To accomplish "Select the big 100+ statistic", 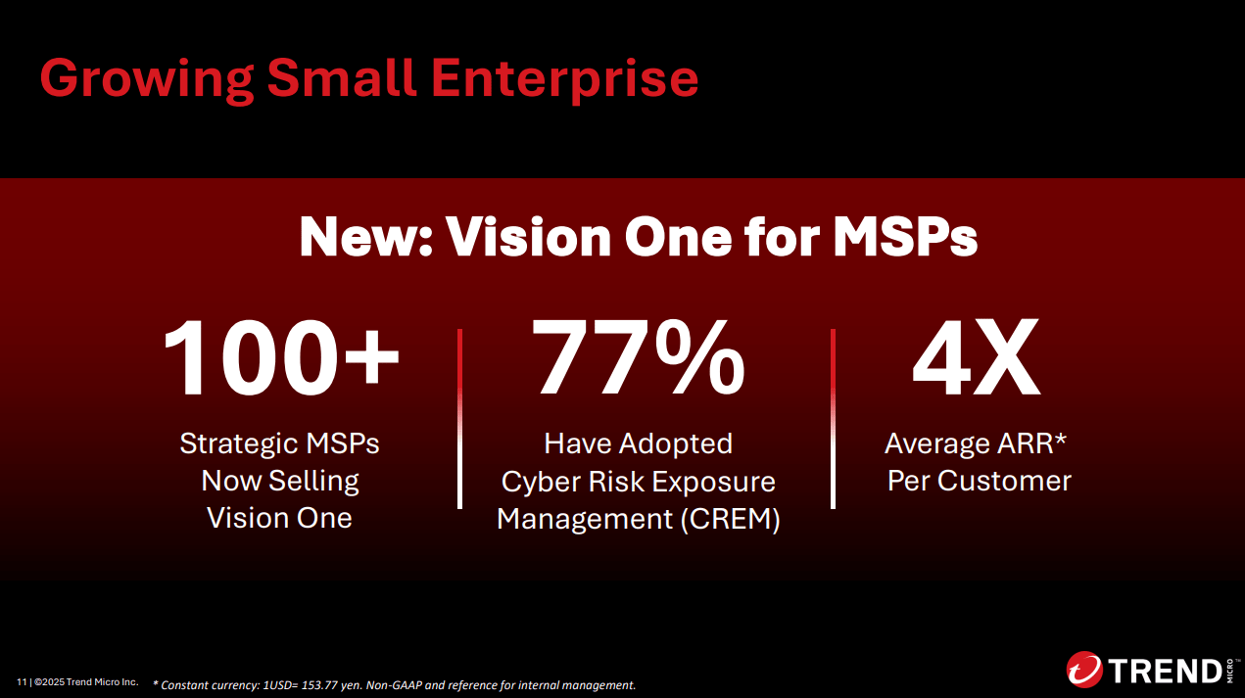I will (x=281, y=359).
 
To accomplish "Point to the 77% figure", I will (x=639, y=359).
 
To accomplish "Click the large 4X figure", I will (x=976, y=359).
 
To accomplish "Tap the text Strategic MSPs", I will (x=279, y=443).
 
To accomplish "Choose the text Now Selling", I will (x=280, y=481).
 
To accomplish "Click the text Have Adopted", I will (x=638, y=443).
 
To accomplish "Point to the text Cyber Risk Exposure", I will (x=638, y=482).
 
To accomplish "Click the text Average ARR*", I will (x=976, y=443).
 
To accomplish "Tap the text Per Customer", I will (x=980, y=481).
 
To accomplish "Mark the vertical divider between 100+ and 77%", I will (x=459, y=419).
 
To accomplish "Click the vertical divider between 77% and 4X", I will (x=833, y=419).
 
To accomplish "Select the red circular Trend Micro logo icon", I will (x=1084, y=671).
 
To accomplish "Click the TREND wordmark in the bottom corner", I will (x=1164, y=672).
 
